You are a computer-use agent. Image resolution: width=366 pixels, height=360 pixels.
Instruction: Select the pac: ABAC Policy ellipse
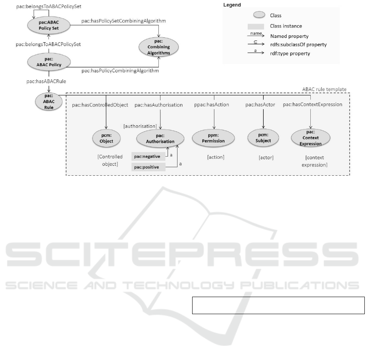(x=49, y=62)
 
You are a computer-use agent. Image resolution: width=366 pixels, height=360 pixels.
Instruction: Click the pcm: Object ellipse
(x=106, y=139)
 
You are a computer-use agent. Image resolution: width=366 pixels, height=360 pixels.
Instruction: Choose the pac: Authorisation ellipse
(x=160, y=139)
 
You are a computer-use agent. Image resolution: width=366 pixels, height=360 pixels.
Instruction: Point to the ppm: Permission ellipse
(x=214, y=139)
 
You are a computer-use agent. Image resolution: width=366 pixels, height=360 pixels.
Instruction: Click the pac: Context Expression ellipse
(x=310, y=139)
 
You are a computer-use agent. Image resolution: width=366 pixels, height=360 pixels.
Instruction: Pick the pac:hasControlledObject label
(x=100, y=105)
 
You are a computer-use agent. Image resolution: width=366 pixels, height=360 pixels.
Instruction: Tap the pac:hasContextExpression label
(x=312, y=105)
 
